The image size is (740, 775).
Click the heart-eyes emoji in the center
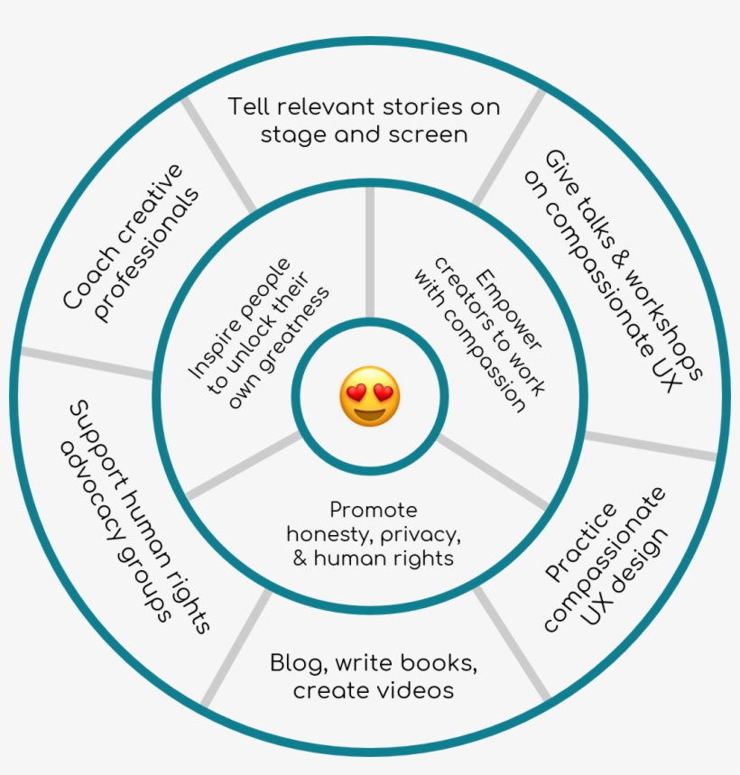tap(369, 397)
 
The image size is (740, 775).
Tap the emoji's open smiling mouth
tap(369, 414)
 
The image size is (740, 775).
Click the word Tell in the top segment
tap(248, 106)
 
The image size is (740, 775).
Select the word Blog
tap(299, 663)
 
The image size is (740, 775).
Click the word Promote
tap(373, 510)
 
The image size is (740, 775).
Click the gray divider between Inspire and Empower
tap(369, 253)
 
